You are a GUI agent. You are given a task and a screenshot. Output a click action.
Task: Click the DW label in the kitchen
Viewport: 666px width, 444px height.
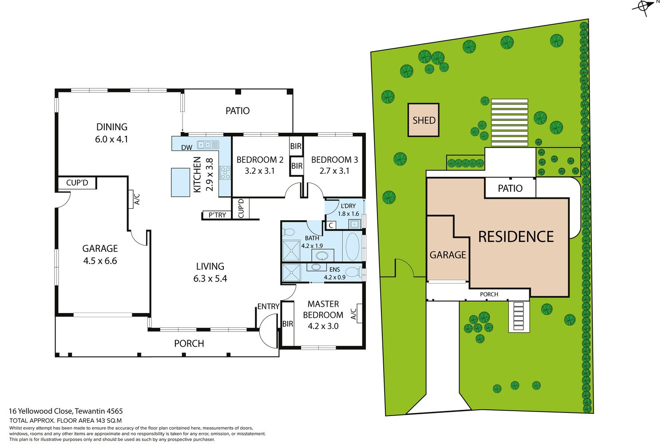(x=187, y=147)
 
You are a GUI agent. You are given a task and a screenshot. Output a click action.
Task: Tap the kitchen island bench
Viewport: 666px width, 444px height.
(x=180, y=182)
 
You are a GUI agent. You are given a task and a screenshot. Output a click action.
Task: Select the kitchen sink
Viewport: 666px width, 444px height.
(x=208, y=145)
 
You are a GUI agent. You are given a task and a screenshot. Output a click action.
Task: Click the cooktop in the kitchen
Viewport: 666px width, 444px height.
(x=225, y=173)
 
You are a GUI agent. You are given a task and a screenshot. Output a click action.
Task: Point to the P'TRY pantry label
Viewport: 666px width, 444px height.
(x=217, y=215)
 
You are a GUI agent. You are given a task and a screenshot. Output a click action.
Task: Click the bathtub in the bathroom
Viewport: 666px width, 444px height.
(x=353, y=247)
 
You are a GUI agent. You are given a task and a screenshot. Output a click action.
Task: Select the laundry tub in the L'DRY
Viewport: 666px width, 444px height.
(x=355, y=224)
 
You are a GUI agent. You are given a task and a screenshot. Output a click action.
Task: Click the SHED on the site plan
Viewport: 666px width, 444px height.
(x=424, y=120)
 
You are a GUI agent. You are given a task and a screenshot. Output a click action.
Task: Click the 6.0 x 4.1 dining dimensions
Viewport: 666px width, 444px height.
(x=111, y=139)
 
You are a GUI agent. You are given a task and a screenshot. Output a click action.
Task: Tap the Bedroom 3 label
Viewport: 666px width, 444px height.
(x=334, y=160)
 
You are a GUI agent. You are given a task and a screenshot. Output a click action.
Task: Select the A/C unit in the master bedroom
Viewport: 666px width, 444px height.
(x=359, y=313)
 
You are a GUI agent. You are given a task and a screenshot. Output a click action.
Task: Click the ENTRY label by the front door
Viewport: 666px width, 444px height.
(x=268, y=306)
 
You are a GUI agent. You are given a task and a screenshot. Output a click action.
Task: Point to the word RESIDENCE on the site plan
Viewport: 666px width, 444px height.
(x=516, y=237)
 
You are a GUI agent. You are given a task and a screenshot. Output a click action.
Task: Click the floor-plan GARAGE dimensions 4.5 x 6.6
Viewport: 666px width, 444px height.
(x=100, y=261)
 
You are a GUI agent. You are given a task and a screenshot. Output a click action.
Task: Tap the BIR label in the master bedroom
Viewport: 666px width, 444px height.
(x=288, y=324)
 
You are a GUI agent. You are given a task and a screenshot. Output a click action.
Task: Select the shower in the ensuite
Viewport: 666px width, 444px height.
(x=291, y=273)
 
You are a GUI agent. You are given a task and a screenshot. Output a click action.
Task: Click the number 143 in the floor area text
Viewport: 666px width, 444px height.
(x=101, y=420)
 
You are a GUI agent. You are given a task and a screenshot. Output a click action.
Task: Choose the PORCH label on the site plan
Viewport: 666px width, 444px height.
(x=489, y=294)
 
